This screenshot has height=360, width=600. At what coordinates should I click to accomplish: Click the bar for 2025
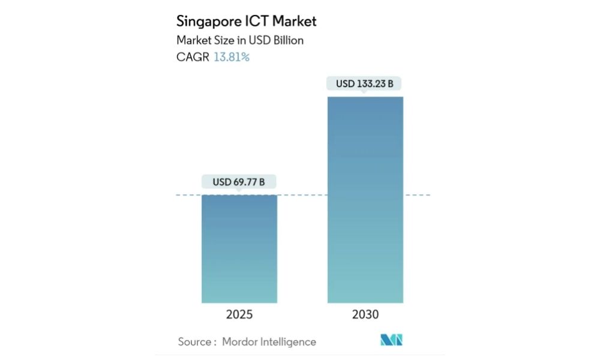click(239, 248)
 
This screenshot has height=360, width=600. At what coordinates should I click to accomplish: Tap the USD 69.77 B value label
click(239, 181)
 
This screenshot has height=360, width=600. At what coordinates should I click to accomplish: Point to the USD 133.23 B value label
click(365, 83)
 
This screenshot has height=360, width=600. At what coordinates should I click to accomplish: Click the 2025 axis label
click(239, 314)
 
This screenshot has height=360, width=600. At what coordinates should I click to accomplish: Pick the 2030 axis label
click(365, 314)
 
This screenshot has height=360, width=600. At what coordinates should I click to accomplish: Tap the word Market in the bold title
click(295, 22)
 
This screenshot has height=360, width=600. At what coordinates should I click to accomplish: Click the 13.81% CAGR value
click(232, 58)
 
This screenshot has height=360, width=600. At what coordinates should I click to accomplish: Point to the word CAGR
click(193, 58)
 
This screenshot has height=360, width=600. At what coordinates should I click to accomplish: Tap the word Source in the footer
click(194, 342)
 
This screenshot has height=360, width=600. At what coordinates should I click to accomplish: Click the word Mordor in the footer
click(240, 342)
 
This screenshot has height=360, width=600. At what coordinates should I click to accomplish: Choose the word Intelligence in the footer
click(289, 342)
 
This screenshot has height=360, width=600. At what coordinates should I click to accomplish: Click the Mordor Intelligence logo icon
click(391, 340)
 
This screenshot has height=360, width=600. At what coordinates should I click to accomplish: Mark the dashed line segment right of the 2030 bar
click(418, 195)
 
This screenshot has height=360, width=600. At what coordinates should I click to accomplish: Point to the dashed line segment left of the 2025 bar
click(188, 195)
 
